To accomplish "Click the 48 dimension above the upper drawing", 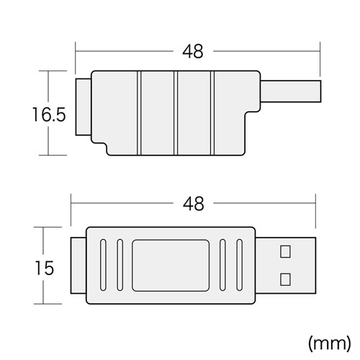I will point(194,52).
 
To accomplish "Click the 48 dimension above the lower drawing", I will point(194,204).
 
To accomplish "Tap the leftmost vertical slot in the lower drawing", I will point(99,265).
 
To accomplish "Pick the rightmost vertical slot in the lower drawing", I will point(239,265).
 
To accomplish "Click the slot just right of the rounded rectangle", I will point(224,265).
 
